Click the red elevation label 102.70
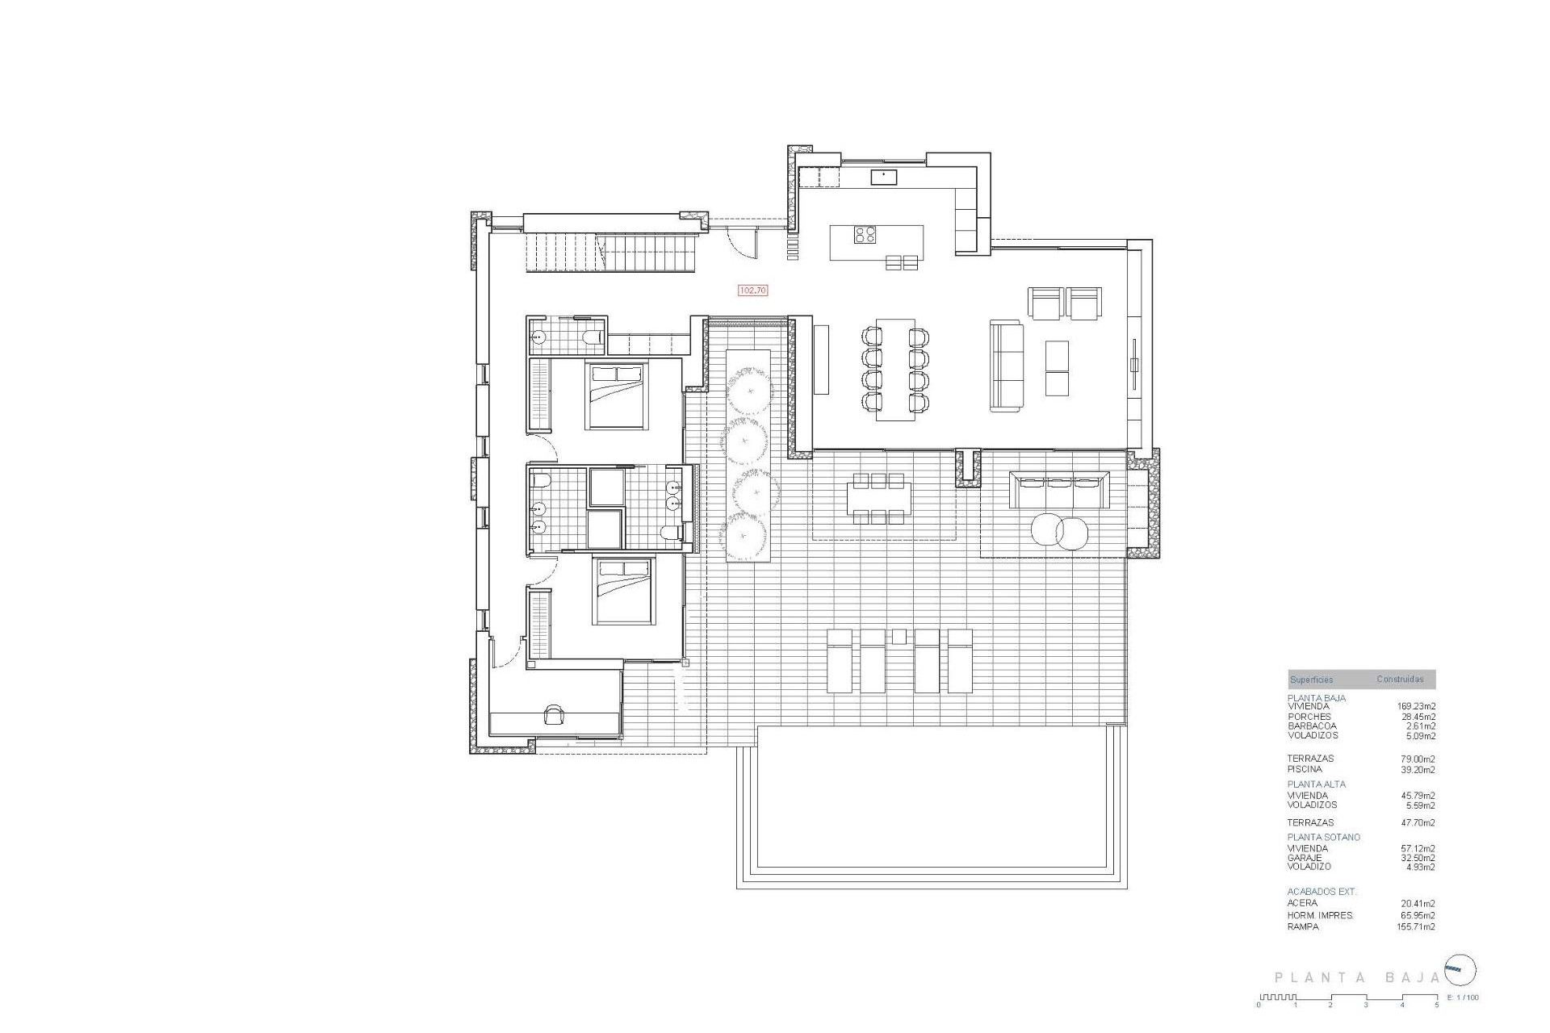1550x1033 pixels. (x=752, y=291)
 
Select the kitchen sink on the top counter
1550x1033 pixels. (x=884, y=175)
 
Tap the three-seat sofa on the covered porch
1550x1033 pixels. (x=1059, y=490)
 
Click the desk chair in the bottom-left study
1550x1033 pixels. (x=555, y=713)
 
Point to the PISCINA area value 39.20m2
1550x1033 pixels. (x=1418, y=770)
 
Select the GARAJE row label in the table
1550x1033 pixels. (x=1305, y=858)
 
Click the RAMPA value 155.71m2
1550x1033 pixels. (x=1418, y=927)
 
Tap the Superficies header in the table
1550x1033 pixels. (x=1311, y=680)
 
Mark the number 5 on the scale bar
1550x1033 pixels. (x=1437, y=1006)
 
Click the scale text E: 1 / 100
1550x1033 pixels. (x=1464, y=997)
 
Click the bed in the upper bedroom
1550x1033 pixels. (x=617, y=395)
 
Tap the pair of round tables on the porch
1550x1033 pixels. (x=1060, y=532)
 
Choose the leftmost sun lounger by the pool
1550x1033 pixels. (x=840, y=662)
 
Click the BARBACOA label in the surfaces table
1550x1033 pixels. (x=1312, y=726)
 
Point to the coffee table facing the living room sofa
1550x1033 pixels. (x=1057, y=368)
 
